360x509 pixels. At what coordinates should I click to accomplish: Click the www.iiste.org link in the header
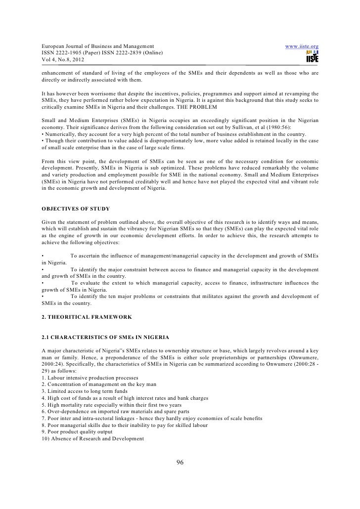[x=302, y=46]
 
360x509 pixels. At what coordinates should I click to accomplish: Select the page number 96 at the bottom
[x=180, y=462]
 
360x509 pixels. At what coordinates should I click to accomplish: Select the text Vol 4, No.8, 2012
[x=63, y=60]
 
